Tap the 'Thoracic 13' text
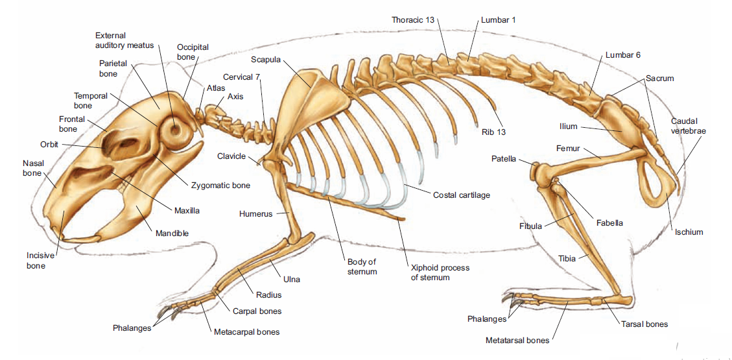413,19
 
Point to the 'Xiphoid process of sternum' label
440,272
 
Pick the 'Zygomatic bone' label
221,186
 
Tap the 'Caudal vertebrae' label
688,126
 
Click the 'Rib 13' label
494,132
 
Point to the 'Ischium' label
688,232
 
